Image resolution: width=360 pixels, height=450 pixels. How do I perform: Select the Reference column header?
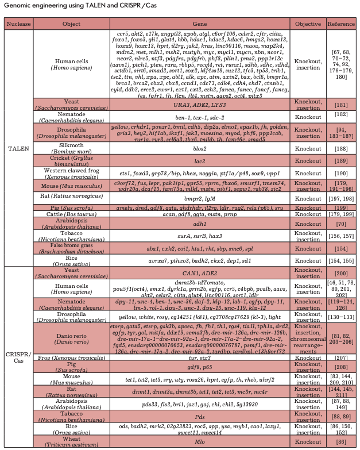pos(341,25)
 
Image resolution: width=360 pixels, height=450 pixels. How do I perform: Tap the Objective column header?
pos(308,25)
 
